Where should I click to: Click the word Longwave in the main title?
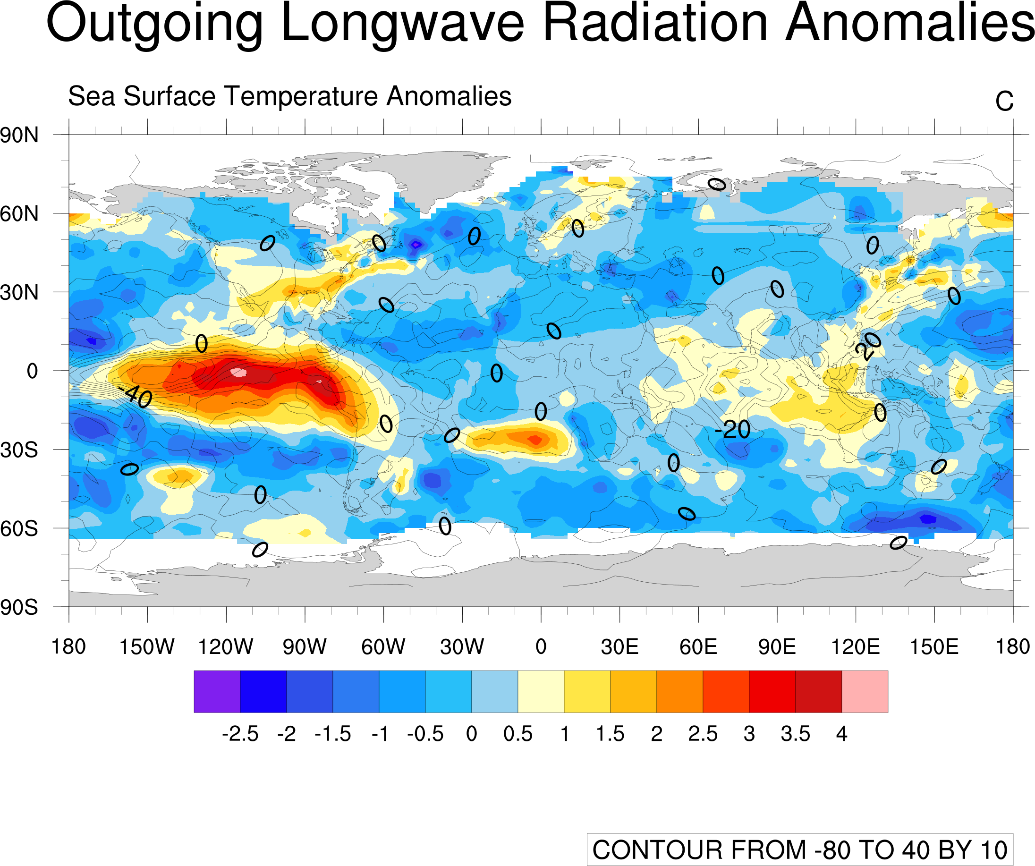pos(402,24)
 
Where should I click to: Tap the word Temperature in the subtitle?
pos(301,96)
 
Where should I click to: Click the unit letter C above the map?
pos(1004,102)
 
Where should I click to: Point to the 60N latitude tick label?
pos(19,214)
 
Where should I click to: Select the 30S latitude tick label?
pos(19,450)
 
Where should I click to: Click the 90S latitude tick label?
pos(19,608)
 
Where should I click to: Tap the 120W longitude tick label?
pos(226,646)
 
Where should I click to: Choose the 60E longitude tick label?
pos(698,646)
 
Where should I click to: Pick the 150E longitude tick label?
pos(934,646)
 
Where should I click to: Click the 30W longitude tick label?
pos(462,646)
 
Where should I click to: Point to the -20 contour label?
pos(732,430)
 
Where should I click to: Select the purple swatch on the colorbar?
pos(217,691)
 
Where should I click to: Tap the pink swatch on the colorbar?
pos(865,691)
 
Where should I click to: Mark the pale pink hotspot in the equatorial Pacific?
pos(239,372)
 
